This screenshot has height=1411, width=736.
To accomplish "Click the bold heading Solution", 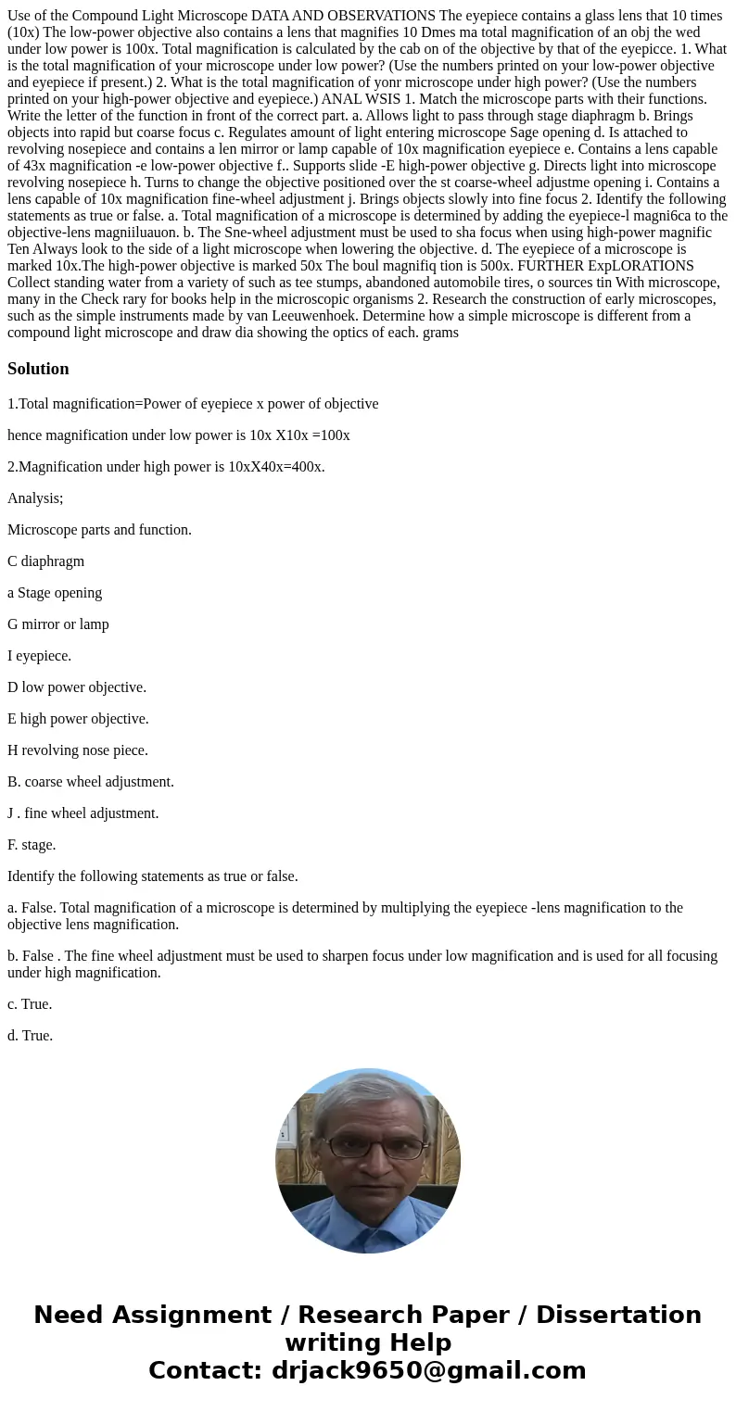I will pos(38,369).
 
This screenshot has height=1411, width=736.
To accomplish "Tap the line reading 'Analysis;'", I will pos(35,498).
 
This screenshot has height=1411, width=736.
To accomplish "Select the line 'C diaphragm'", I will pos(45,561).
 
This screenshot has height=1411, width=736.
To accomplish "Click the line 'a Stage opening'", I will pos(55,593).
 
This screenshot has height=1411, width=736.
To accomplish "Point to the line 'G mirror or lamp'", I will pos(58,624).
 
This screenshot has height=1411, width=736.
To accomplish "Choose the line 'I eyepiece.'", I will pos(39,656).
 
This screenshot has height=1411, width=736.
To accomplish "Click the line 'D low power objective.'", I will pos(77,687).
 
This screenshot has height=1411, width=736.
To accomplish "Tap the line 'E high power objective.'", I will pos(78,719).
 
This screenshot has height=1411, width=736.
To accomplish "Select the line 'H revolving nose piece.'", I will pos(78,750).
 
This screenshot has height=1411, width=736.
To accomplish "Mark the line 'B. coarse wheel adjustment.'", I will pos(91,782).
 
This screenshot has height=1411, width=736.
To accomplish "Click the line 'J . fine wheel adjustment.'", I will pos(82,813).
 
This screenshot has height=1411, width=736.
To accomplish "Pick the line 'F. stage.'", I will pos(32,845).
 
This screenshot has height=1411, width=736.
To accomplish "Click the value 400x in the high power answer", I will pos(307,467).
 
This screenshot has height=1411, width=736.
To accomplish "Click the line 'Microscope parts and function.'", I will pos(99,530).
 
